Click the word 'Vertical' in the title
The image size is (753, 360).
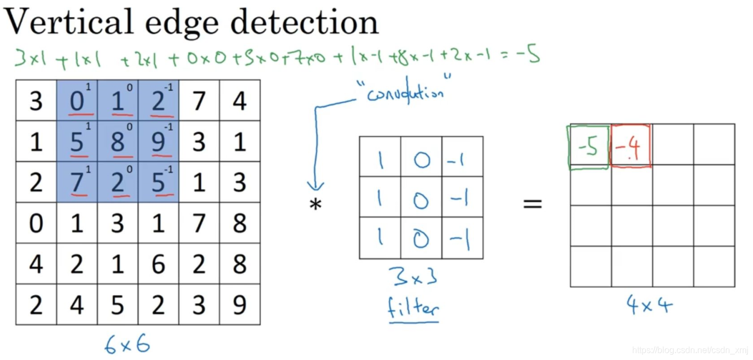pyautogui.click(x=68, y=22)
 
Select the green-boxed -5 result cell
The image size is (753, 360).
pyautogui.click(x=589, y=147)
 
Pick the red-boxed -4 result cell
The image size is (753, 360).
pyautogui.click(x=631, y=146)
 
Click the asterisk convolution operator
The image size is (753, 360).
pyautogui.click(x=316, y=205)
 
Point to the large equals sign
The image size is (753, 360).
pyautogui.click(x=532, y=204)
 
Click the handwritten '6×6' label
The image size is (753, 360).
pyautogui.click(x=127, y=344)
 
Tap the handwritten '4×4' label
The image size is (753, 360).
pyautogui.click(x=649, y=304)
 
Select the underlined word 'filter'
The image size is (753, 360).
pyautogui.click(x=413, y=309)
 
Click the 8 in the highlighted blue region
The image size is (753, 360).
pyautogui.click(x=118, y=142)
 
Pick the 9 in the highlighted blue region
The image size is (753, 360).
pyautogui.click(x=158, y=142)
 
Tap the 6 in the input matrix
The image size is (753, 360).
pyautogui.click(x=158, y=264)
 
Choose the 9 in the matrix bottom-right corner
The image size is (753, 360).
pyautogui.click(x=240, y=305)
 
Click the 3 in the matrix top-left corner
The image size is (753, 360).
pyautogui.click(x=36, y=101)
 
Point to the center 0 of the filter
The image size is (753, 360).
pyautogui.click(x=421, y=201)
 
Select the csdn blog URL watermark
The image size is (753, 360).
pyautogui.click(x=690, y=350)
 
